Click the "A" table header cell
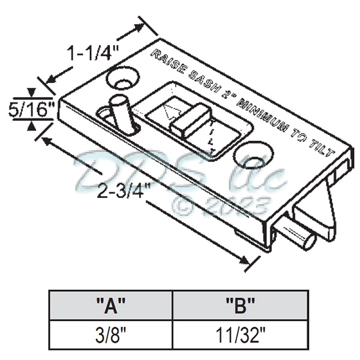tap(110, 306)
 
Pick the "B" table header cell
tap(240, 306)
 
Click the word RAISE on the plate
tap(167, 62)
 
